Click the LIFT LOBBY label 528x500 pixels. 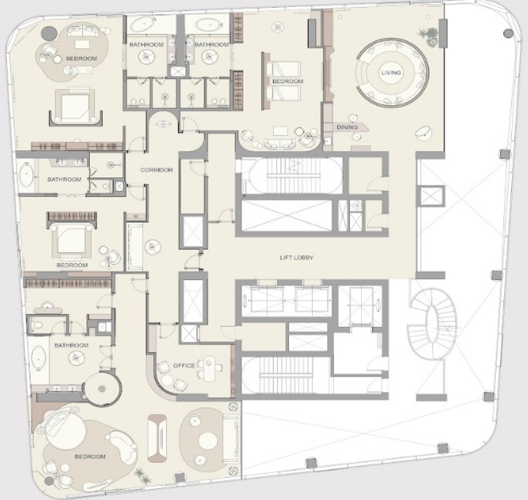[x=296, y=258]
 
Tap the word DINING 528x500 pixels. [x=347, y=127]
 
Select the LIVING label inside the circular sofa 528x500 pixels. [x=391, y=73]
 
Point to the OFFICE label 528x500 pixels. [x=184, y=365]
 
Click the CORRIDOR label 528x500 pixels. [x=157, y=170]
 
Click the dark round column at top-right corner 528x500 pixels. [x=508, y=33]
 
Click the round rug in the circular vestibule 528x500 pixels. [x=102, y=389]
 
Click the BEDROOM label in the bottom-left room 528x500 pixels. [x=90, y=456]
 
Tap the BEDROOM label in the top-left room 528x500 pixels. [x=81, y=59]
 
